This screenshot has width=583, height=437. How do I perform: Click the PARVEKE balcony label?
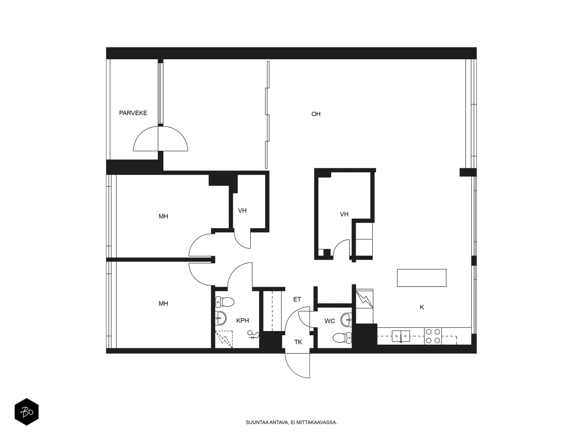133,113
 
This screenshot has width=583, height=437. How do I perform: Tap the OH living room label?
316,114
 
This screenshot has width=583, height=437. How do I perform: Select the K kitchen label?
422,307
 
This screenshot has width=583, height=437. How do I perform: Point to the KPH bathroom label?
243,320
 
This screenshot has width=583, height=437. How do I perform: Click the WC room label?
330,321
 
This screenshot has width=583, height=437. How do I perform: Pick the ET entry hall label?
297,299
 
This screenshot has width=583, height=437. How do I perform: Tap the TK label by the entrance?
298,342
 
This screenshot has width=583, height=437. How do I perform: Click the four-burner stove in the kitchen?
433,336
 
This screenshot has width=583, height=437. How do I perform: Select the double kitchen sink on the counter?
401,336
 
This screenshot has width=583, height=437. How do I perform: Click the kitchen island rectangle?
422,278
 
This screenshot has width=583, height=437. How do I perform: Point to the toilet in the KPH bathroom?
225,302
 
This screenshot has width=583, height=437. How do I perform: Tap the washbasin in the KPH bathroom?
221,318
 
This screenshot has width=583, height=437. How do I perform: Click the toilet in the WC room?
342,338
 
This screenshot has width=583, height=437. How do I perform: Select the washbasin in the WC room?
347,320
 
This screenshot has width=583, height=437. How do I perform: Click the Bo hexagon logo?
27,412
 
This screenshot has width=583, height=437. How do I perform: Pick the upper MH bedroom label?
163,217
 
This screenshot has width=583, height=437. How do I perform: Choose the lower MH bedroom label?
163,304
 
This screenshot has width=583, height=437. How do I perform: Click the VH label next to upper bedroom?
242,211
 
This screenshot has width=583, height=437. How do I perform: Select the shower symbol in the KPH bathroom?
224,339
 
